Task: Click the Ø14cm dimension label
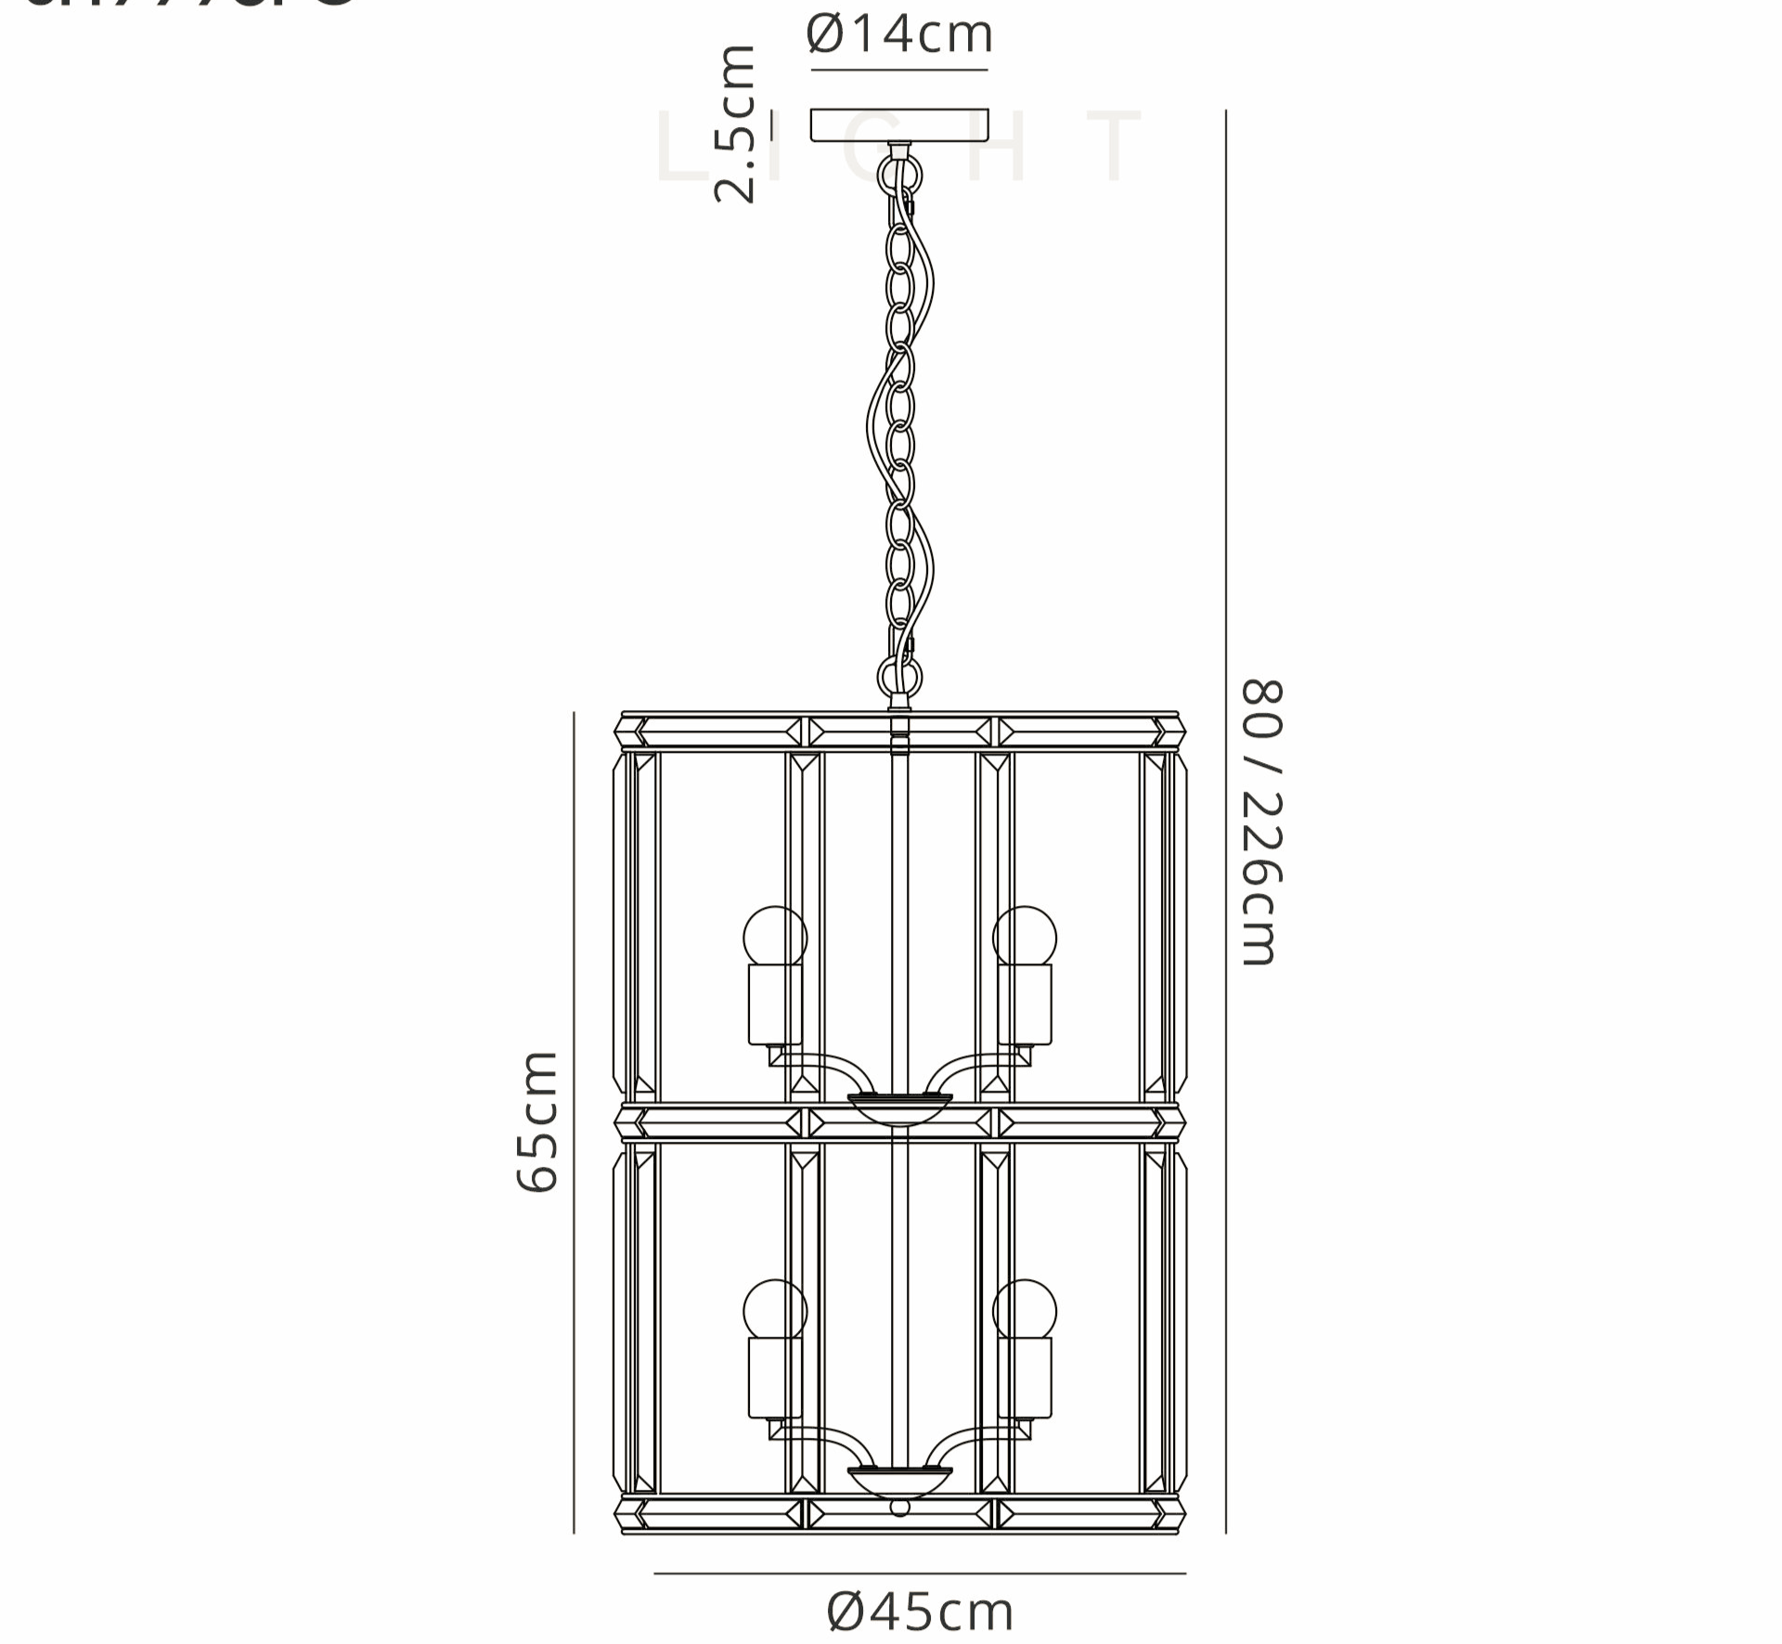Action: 899,34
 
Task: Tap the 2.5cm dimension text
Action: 735,123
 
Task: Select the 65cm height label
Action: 537,1121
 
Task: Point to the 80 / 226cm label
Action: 1261,822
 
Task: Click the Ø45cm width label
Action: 920,1612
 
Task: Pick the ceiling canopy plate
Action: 899,125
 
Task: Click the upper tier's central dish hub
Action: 899,1107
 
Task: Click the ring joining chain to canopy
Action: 899,174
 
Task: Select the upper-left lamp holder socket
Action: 775,1003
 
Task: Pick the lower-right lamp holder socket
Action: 1025,1379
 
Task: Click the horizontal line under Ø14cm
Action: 899,70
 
